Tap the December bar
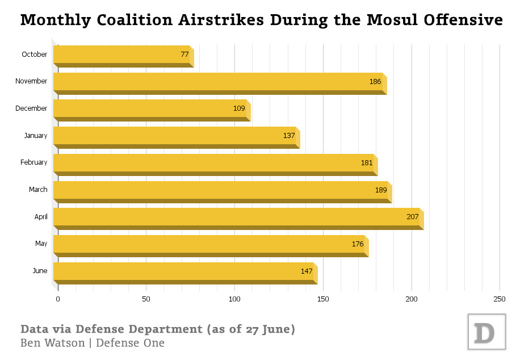tap(150, 108)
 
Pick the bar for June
tap(184, 271)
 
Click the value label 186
tap(375, 82)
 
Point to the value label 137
tap(289, 136)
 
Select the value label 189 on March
tap(381, 190)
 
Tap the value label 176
tap(358, 244)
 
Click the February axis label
tap(33, 162)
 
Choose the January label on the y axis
tap(35, 136)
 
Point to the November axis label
tap(31, 81)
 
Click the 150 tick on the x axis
tap(323, 299)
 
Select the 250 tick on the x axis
tap(500, 299)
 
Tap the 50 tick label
tap(146, 299)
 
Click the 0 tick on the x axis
tap(58, 299)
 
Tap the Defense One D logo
tap(486, 332)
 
